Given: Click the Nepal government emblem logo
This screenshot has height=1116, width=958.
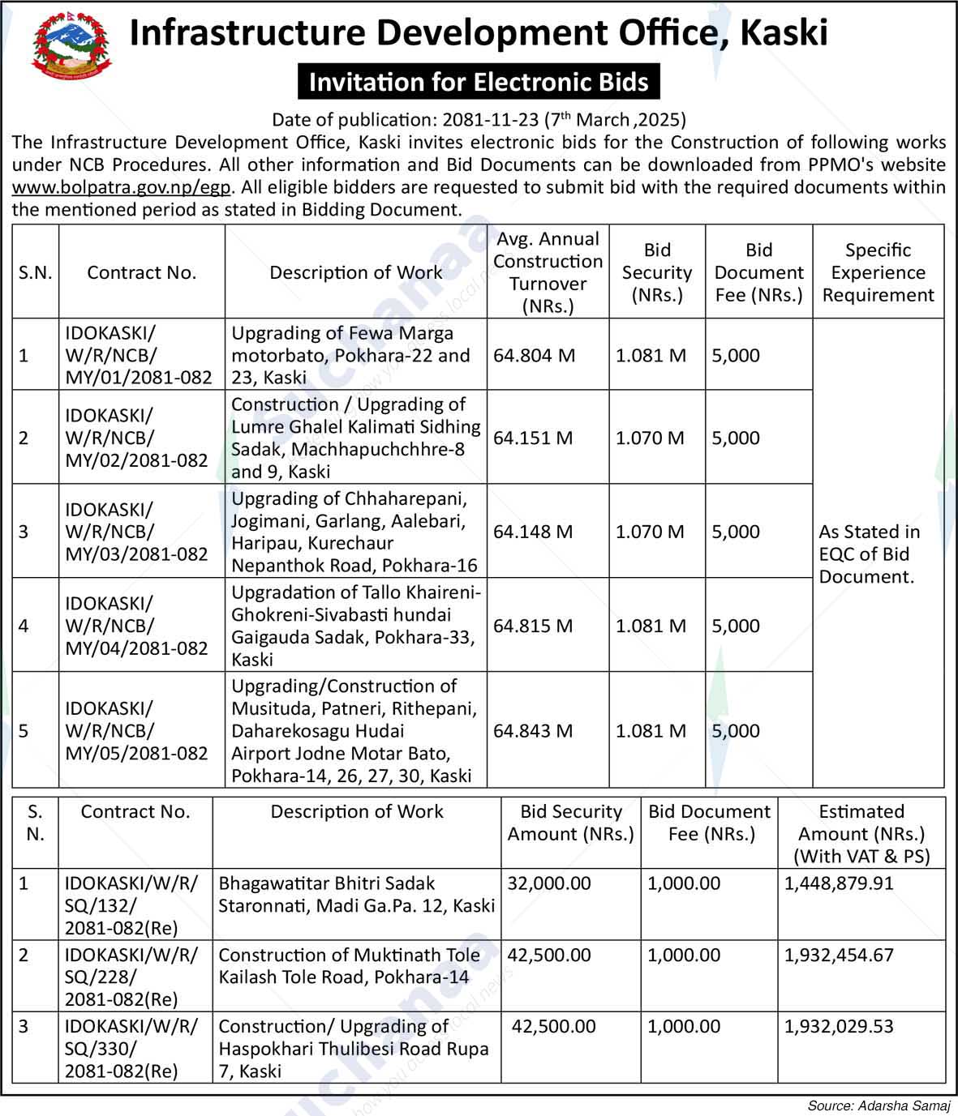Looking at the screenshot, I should (x=71, y=46).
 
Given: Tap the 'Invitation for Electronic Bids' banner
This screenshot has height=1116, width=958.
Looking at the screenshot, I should (x=479, y=82).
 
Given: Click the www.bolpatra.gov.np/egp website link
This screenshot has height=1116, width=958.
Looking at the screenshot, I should (x=122, y=187).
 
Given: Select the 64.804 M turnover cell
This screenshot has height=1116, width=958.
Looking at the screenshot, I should (x=534, y=355).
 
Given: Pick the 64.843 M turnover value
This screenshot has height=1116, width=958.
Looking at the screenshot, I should (x=533, y=730).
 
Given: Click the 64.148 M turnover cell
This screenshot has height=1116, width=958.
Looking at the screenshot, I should (x=533, y=532).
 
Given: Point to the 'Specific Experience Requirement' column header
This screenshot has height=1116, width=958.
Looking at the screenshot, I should (x=878, y=272).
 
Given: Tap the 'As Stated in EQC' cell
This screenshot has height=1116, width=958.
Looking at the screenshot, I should (x=869, y=554).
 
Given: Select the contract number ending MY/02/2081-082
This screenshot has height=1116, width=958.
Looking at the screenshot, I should (x=137, y=438).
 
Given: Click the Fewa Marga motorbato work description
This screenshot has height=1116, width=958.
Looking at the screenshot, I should (x=350, y=355).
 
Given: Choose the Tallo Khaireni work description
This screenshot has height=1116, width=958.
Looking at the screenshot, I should (x=355, y=626).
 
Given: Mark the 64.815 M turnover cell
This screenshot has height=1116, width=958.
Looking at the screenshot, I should (x=533, y=626).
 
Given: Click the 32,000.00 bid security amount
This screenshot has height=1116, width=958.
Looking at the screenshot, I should (x=549, y=883).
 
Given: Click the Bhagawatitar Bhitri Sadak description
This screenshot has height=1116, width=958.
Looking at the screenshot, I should (x=356, y=894).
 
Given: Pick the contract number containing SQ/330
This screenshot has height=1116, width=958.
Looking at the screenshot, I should (x=131, y=1048).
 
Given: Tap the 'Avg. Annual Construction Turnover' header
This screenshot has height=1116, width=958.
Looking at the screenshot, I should (x=548, y=272).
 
